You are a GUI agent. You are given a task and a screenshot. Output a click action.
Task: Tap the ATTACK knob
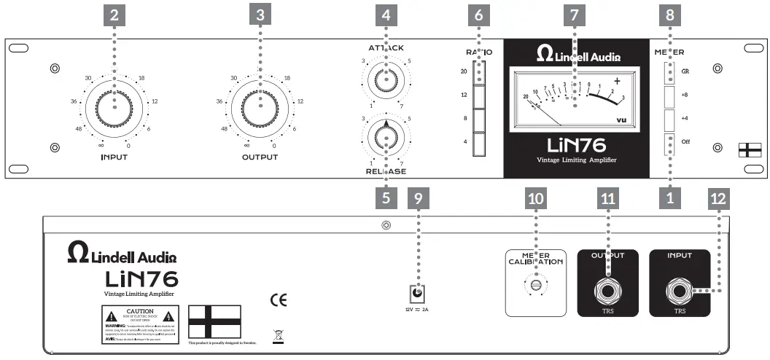coord(384,79)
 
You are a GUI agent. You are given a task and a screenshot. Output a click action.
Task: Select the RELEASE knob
coord(384,136)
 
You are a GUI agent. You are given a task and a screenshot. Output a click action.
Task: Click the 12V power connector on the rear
coord(416,293)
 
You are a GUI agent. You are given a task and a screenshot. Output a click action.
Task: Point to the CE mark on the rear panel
coord(278,300)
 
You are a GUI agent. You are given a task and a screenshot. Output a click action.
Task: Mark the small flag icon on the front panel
coord(747,149)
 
